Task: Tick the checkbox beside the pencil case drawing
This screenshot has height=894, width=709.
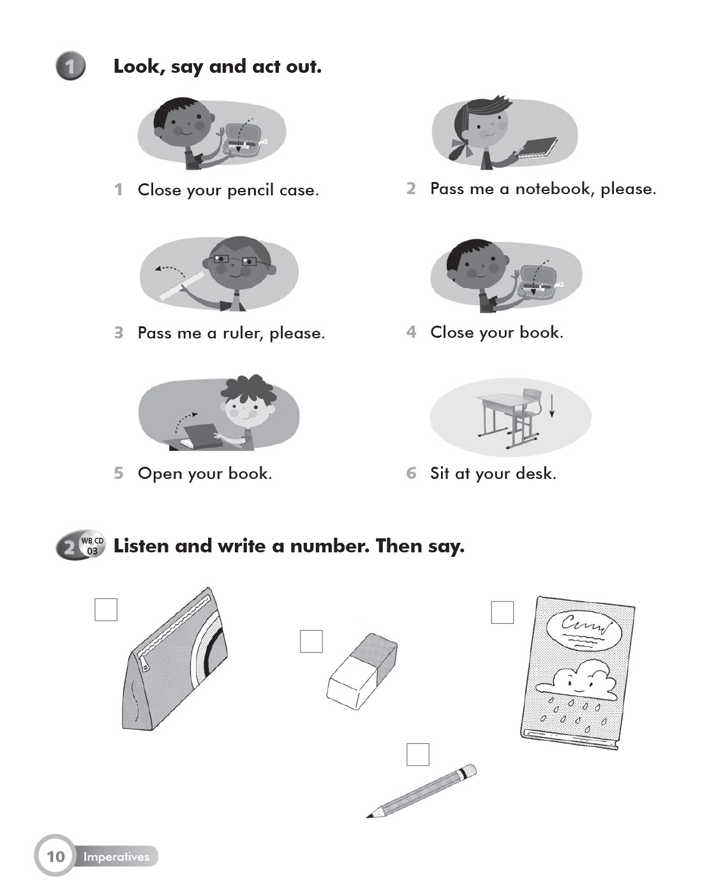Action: (x=106, y=609)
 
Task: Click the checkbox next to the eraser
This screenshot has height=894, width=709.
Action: (x=311, y=641)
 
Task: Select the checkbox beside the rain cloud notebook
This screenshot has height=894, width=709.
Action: (x=502, y=612)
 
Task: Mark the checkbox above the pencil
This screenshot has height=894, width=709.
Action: (x=418, y=754)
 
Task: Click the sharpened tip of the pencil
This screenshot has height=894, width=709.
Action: (x=368, y=817)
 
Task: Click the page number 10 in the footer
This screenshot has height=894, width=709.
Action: (x=56, y=856)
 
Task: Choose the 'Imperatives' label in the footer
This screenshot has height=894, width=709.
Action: (x=116, y=856)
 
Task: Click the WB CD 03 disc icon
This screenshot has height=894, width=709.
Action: (x=92, y=545)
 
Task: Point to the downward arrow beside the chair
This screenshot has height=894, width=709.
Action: (x=551, y=405)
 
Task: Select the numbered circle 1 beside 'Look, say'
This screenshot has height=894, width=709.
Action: (x=71, y=66)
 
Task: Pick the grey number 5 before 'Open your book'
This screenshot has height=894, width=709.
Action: (x=119, y=473)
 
